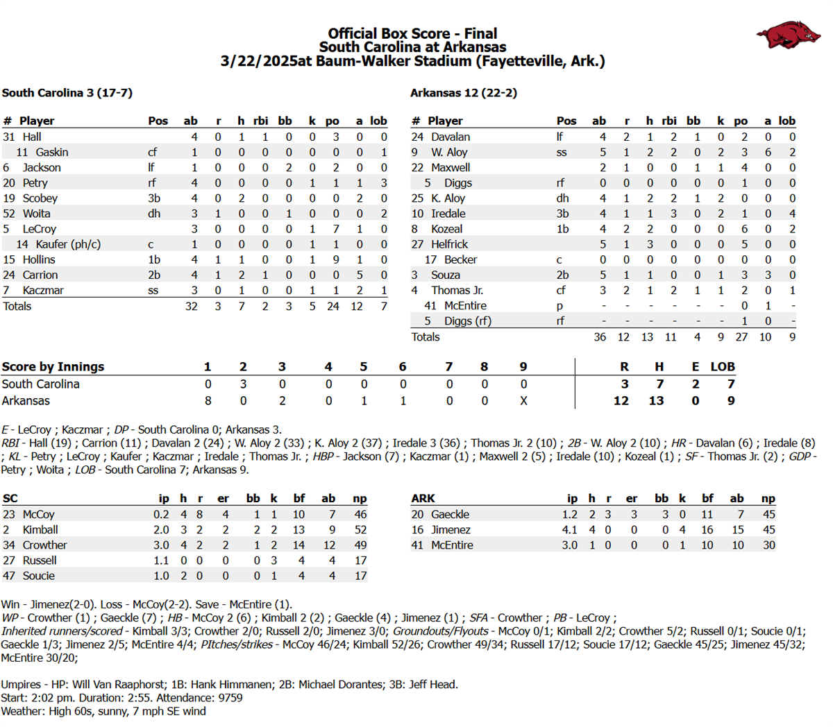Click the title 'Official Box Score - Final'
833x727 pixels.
coord(412,33)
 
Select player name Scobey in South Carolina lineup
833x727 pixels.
coord(40,198)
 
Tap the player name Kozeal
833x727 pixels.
coord(446,229)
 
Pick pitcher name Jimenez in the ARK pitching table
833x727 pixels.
coord(451,530)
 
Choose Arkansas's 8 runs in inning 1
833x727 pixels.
coord(208,401)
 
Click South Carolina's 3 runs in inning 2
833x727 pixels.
coord(243,384)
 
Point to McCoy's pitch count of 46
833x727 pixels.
coord(360,515)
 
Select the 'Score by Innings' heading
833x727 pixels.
coord(53,367)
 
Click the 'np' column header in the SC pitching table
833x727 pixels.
coord(360,499)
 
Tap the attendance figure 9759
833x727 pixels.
coord(229,698)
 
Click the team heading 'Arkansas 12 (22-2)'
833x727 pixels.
coord(463,93)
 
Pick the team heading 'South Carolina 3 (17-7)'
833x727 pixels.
coord(67,93)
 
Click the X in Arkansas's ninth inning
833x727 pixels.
coord(523,401)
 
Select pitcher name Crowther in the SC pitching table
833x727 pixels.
coord(44,545)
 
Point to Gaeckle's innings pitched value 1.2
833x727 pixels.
coord(569,515)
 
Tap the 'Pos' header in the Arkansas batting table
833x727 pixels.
coord(566,121)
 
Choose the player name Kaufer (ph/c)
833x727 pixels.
coord(68,244)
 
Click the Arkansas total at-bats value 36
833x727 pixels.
coord(599,337)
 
